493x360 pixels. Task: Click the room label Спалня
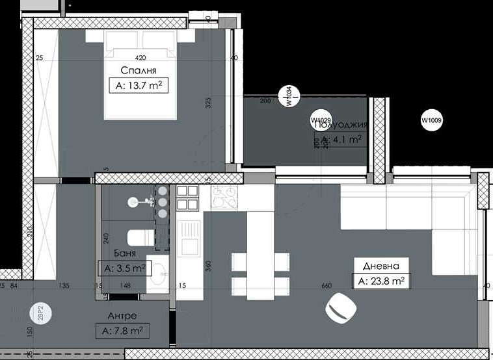(139, 70)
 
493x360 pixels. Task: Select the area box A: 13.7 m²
(139, 85)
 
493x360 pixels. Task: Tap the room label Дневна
(382, 265)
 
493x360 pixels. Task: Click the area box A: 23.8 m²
(381, 281)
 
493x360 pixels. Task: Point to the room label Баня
(124, 253)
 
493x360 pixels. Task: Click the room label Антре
(122, 316)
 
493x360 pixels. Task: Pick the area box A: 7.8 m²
(122, 331)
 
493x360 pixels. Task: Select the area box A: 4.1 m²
(338, 138)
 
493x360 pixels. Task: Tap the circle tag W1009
(431, 120)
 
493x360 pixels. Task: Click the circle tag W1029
(321, 121)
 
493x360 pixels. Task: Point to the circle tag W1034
(288, 97)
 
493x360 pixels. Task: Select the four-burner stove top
(187, 198)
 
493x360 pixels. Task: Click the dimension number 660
(326, 285)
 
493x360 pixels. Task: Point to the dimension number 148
(126, 285)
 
